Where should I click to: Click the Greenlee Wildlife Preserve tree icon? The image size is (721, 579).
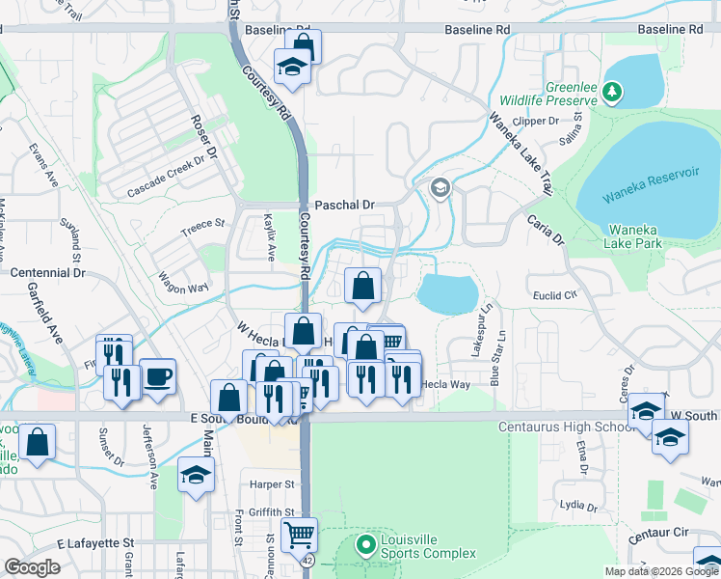[x=612, y=93]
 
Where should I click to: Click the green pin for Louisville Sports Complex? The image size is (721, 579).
[x=366, y=546]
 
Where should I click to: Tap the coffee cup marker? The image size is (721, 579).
[x=158, y=376]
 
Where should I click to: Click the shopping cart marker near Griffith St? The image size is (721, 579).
[x=299, y=533]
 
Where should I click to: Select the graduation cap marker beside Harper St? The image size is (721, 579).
[x=196, y=475]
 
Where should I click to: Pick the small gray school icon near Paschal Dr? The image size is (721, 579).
[x=441, y=188]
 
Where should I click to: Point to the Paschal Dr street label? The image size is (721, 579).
[x=344, y=206]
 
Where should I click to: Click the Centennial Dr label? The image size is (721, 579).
[x=48, y=273]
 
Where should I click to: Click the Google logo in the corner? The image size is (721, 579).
[x=33, y=567]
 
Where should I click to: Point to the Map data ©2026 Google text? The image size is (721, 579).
[x=661, y=571]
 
